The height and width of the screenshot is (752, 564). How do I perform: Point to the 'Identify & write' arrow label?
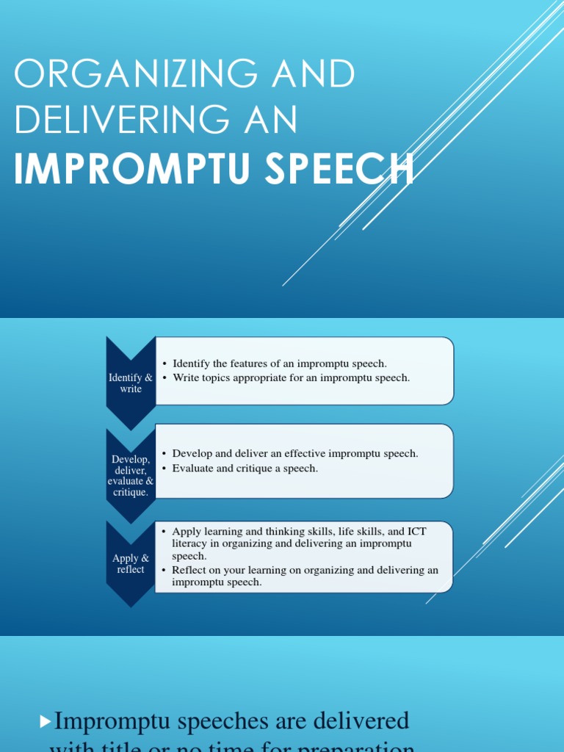click(131, 383)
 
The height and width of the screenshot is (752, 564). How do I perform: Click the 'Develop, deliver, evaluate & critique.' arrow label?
click(131, 475)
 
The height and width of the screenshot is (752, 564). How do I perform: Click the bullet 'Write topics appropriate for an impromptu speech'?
click(291, 377)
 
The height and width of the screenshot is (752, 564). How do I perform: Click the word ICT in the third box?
click(416, 530)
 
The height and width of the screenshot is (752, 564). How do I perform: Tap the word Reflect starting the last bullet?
click(189, 569)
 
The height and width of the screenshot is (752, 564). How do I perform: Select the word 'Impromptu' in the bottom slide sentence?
click(115, 721)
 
